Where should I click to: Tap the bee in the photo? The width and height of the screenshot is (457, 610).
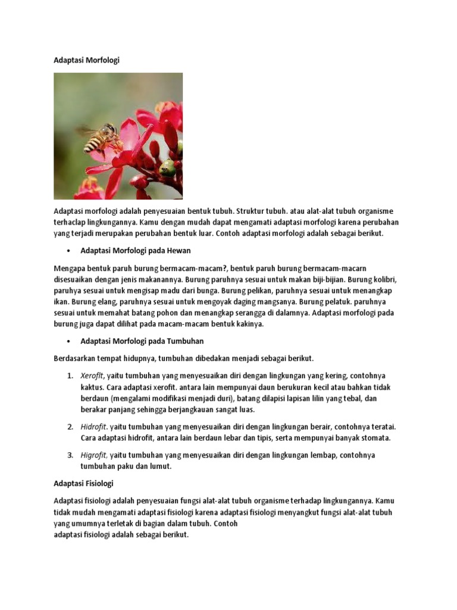click(102, 138)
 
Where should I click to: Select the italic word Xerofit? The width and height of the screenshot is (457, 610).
click(92, 376)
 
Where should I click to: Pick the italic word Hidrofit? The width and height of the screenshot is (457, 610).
click(94, 427)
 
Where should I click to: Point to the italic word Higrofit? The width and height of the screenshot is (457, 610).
click(94, 455)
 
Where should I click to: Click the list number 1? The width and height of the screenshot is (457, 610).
click(70, 376)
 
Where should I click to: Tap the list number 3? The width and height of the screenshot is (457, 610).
click(70, 455)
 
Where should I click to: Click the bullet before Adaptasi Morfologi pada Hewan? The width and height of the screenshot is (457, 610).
click(70, 251)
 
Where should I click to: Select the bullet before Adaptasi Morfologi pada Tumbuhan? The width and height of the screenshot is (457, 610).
click(70, 341)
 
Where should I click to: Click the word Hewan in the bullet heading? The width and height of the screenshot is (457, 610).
click(179, 251)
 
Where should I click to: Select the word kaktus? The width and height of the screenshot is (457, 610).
click(92, 387)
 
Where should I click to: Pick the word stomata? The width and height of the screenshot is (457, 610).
click(373, 438)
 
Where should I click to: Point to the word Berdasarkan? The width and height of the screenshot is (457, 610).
click(79, 359)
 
